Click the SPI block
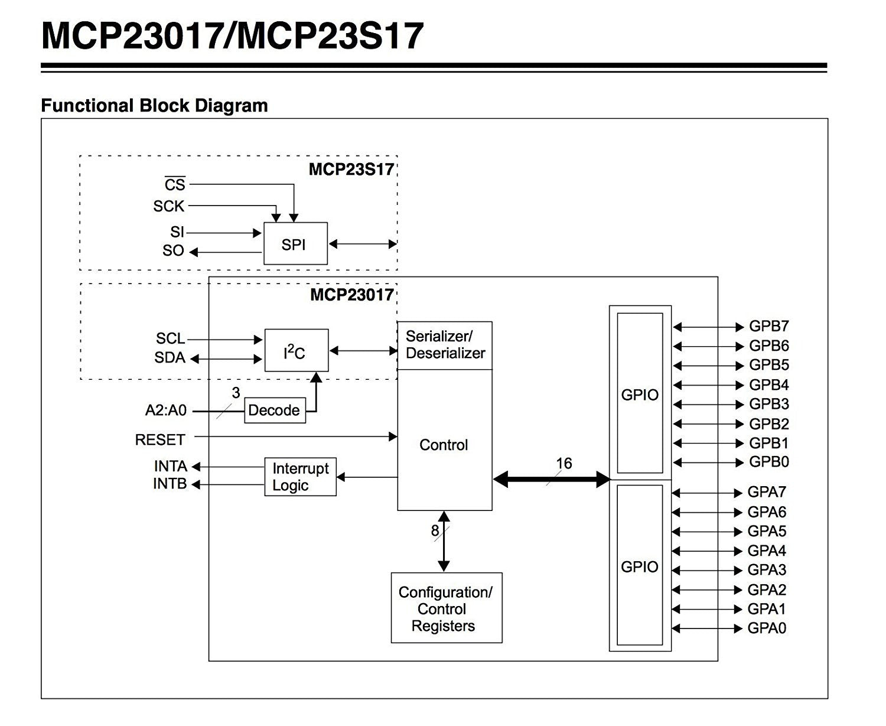pos(295,243)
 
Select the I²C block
pos(296,350)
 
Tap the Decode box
pos(275,411)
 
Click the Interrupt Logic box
pos(300,477)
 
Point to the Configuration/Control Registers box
pos(446,608)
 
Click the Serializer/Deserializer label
pos(445,345)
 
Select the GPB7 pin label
pos(768,326)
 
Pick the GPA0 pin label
pos(767,628)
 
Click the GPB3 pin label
pos(768,404)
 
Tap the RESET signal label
pos(160,439)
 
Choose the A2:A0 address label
pos(165,410)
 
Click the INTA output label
pos(170,466)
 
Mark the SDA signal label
pos(170,357)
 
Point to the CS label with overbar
pos(175,184)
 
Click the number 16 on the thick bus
pos(563,464)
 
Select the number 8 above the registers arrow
pos(435,530)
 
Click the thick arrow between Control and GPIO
pos(551,479)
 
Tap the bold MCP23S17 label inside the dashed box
pos(351,170)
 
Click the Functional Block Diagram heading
pos(154,106)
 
